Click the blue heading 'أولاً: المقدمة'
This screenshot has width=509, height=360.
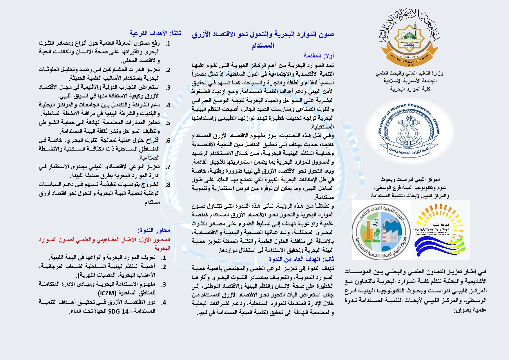pos(319,55)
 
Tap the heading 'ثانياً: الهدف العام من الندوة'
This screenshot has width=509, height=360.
pos(301,259)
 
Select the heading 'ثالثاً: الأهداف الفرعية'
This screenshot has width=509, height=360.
pos(155,33)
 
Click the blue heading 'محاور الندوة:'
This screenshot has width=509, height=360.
pos(154,230)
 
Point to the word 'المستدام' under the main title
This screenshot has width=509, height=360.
pos(263,46)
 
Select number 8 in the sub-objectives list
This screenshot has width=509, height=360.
pos(168,185)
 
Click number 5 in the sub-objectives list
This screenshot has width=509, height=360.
pos(168,123)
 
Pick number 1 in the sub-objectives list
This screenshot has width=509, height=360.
pos(168,44)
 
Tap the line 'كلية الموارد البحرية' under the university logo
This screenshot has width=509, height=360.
pos(410,89)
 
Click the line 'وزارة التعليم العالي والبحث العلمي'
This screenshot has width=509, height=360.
pos(409,73)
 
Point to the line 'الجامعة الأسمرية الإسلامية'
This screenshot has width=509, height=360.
pos(410,81)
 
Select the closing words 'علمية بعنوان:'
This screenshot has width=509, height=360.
pos(470,310)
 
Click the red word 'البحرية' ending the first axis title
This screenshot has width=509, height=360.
pos(162,249)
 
